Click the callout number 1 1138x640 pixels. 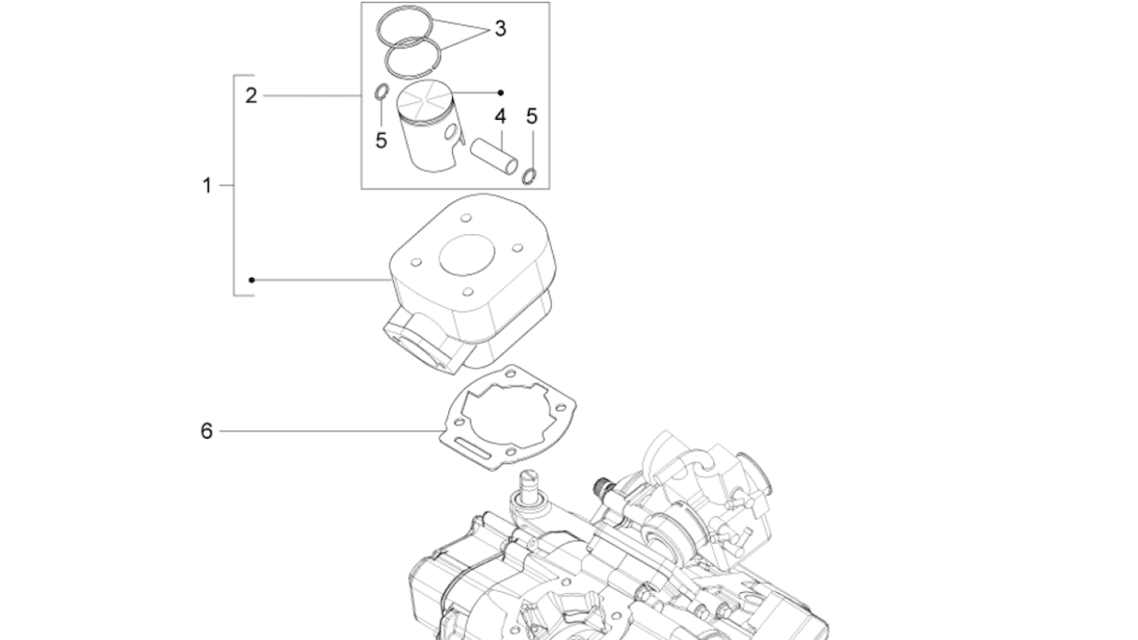pos(207,185)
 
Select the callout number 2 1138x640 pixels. pos(252,95)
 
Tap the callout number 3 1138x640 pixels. pos(501,28)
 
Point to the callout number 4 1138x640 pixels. pos(501,116)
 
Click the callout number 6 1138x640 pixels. pos(206,431)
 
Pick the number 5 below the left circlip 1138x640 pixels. pos(381,140)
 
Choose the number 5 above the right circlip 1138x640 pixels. pos(532,116)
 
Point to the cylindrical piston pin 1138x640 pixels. pos(494,156)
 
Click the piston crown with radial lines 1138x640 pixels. pos(425,101)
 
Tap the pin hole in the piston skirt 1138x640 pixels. pos(451,132)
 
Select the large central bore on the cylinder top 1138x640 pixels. pos(467,255)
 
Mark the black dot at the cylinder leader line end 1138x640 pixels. pos(252,280)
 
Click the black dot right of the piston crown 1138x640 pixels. pos(501,93)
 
